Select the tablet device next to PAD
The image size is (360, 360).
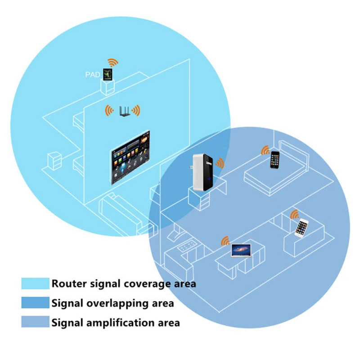(108, 74)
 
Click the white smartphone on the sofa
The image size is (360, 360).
(301, 227)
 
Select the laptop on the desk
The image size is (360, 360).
(241, 251)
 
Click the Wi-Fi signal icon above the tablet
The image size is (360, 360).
(112, 62)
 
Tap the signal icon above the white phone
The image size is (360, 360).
(295, 214)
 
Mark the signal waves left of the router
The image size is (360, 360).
(108, 110)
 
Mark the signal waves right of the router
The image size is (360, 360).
(136, 110)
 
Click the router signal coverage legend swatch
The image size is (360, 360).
(35, 283)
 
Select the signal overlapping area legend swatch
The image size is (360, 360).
(35, 303)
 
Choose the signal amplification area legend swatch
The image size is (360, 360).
(35, 322)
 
